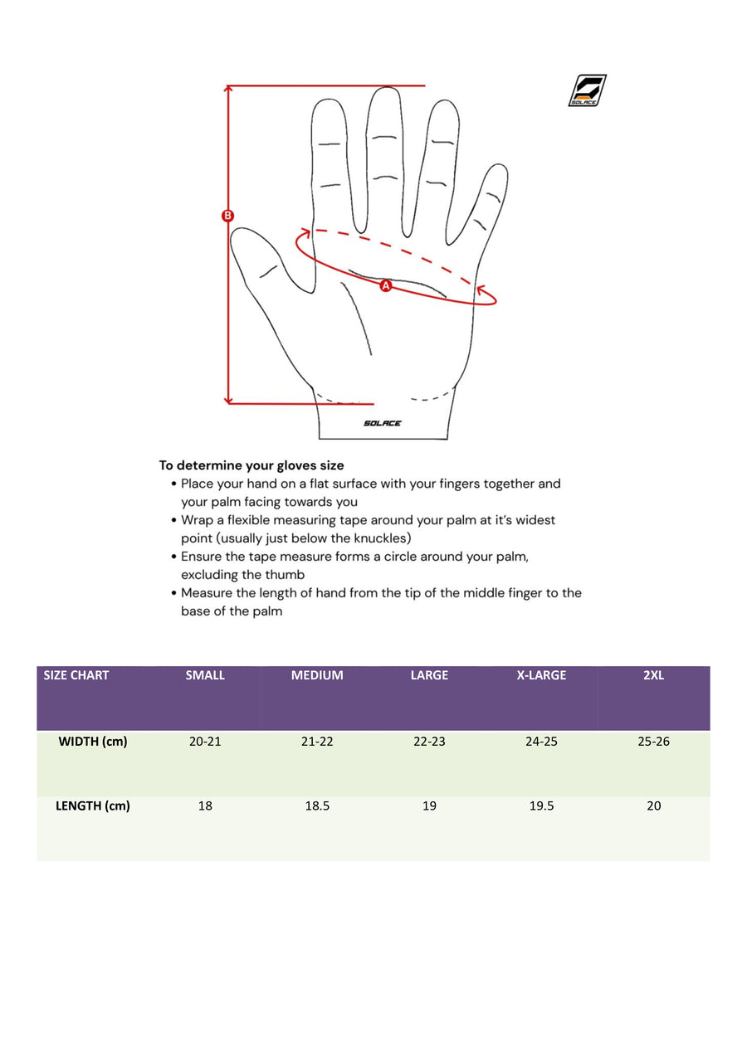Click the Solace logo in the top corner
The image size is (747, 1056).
(x=588, y=90)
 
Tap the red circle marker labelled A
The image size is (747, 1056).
(x=385, y=285)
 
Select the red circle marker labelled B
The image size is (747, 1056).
(x=228, y=216)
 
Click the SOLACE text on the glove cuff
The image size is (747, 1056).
(x=383, y=423)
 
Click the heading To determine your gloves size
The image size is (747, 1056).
(x=251, y=465)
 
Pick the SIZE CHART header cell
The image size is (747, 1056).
(x=76, y=675)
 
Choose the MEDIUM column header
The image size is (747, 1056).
(x=317, y=675)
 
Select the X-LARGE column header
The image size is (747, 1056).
(x=541, y=675)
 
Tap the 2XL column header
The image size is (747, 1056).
(x=653, y=675)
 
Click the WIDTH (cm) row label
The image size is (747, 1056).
(x=93, y=742)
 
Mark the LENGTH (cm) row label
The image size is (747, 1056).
(x=93, y=805)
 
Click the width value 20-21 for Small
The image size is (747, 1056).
(x=205, y=742)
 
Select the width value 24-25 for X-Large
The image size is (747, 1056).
(x=541, y=742)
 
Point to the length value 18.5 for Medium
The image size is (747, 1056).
(x=317, y=805)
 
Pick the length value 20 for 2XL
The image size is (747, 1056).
(x=653, y=805)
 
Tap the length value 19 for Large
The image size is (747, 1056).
(x=429, y=805)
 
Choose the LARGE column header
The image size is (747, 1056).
(x=429, y=675)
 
